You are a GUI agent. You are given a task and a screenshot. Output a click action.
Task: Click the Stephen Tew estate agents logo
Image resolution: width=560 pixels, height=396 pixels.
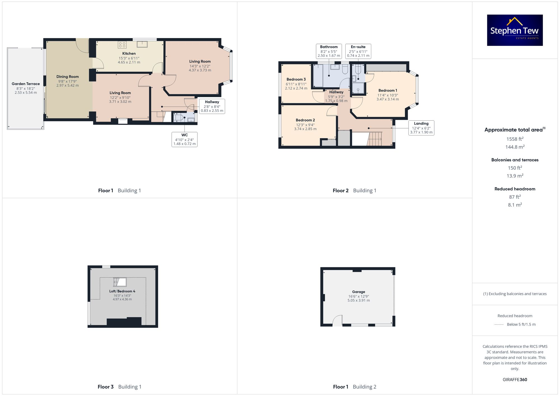click(x=515, y=30)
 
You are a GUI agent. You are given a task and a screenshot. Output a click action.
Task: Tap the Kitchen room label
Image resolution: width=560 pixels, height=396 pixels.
click(x=129, y=53)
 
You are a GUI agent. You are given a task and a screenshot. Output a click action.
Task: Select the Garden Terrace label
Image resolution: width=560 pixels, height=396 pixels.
click(x=26, y=84)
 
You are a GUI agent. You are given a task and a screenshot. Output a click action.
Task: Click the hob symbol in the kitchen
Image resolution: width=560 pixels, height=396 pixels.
click(x=122, y=45)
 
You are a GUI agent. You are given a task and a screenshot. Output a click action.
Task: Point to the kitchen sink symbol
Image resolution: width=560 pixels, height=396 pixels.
click(x=142, y=44)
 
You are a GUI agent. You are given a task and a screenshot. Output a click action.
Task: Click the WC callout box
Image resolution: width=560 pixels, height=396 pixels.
click(x=185, y=139)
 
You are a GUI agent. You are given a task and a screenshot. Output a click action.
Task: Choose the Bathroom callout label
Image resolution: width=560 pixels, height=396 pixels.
click(x=329, y=47)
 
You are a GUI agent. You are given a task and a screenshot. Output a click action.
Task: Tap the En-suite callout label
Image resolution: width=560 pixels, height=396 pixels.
click(x=358, y=47)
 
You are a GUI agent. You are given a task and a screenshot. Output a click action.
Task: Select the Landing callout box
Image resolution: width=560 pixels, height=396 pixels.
click(x=421, y=128)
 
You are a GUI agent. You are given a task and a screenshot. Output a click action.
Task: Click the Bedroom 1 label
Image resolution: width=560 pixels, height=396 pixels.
click(x=388, y=90)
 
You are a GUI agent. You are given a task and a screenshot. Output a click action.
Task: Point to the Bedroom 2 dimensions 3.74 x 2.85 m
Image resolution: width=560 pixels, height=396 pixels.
click(x=305, y=129)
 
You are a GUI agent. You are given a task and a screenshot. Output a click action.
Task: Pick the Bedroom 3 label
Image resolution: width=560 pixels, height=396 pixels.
click(x=296, y=79)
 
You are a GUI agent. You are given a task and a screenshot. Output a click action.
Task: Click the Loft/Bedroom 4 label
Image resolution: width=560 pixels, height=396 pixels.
click(x=122, y=291)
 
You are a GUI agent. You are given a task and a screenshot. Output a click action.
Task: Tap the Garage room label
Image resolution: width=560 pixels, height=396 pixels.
click(x=358, y=292)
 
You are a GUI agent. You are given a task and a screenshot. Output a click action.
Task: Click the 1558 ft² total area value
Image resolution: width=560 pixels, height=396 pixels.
click(x=515, y=139)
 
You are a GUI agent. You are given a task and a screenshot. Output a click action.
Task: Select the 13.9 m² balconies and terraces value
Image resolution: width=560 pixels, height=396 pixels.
click(x=515, y=176)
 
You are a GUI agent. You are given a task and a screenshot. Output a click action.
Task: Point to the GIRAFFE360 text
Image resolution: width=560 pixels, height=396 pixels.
click(x=515, y=379)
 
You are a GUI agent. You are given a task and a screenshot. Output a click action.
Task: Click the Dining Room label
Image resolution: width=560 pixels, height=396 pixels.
click(x=67, y=77)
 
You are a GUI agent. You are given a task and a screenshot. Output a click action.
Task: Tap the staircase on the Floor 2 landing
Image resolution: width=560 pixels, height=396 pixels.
click(x=375, y=139)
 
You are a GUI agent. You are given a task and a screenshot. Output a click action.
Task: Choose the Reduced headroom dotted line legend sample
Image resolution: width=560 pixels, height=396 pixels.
click(x=499, y=325)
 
